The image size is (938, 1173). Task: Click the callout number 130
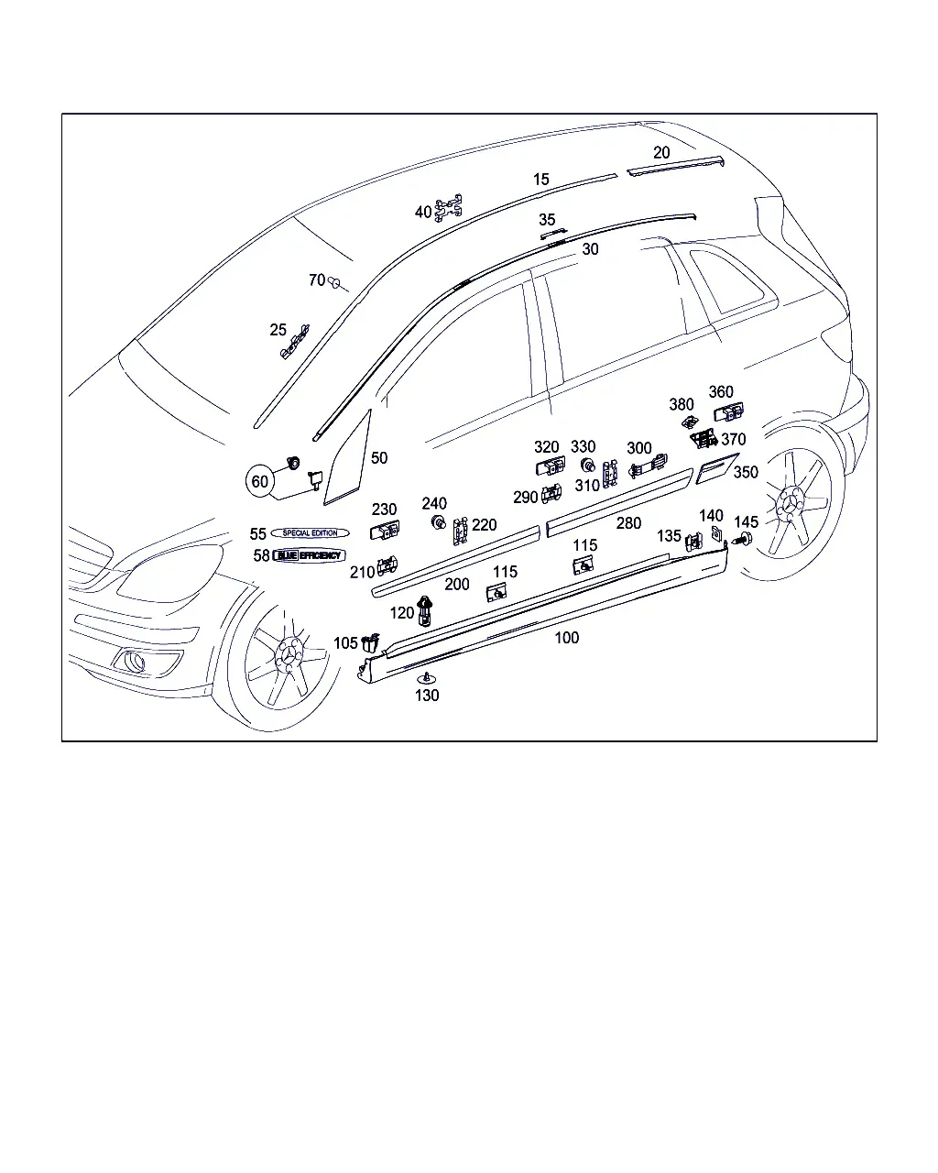(427, 696)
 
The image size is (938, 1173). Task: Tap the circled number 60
(260, 481)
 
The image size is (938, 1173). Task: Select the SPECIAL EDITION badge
(310, 533)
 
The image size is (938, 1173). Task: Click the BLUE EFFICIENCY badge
(309, 555)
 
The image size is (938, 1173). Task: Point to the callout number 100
(567, 638)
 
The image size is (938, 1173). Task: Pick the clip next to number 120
(425, 611)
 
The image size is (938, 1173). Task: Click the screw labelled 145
(744, 541)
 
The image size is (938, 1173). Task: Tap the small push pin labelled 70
(334, 283)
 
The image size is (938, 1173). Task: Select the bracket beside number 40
(449, 207)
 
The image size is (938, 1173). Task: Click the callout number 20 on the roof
(661, 153)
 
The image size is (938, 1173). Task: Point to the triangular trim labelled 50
(348, 458)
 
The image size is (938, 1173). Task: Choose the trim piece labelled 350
(717, 468)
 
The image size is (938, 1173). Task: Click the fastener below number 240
(438, 522)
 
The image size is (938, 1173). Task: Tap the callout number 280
(628, 523)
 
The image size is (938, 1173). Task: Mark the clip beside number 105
(371, 643)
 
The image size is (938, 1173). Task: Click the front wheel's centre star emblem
(289, 654)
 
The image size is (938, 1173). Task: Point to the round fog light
(134, 662)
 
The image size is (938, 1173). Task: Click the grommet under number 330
(587, 466)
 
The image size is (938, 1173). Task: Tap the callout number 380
(682, 404)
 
